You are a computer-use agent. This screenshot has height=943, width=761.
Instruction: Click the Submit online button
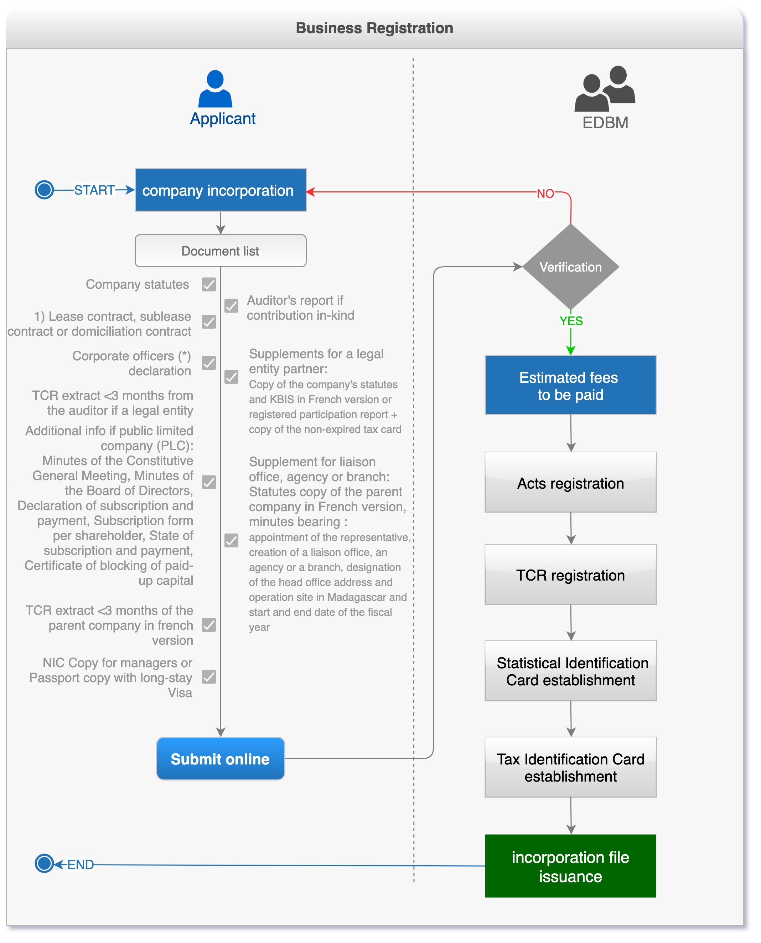tap(220, 758)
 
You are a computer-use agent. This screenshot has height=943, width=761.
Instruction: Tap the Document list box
tap(220, 251)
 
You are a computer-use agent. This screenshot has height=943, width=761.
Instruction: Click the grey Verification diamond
tap(570, 267)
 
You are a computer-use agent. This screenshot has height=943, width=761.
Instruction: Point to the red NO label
tap(545, 193)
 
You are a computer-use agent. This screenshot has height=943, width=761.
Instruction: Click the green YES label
tap(571, 321)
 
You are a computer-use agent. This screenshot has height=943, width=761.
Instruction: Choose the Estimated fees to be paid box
tap(570, 385)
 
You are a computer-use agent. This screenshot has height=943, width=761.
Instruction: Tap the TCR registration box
tap(570, 575)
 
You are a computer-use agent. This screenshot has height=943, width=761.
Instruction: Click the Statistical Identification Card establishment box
tap(570, 671)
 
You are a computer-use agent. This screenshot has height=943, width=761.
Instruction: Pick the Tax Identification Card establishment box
tap(570, 767)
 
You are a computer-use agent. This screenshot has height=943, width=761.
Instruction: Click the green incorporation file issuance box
tap(570, 866)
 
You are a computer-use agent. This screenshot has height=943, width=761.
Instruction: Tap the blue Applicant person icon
tap(215, 89)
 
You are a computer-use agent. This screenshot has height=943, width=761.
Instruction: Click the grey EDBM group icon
tap(605, 89)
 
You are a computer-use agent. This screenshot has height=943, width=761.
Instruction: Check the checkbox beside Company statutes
tap(209, 284)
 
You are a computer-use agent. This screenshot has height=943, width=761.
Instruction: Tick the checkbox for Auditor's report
tap(232, 305)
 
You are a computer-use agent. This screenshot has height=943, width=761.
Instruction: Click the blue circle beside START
tap(44, 190)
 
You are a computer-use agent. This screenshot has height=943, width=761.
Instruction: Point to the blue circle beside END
tap(44, 863)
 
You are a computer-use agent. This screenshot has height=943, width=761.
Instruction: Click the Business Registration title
tap(374, 28)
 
